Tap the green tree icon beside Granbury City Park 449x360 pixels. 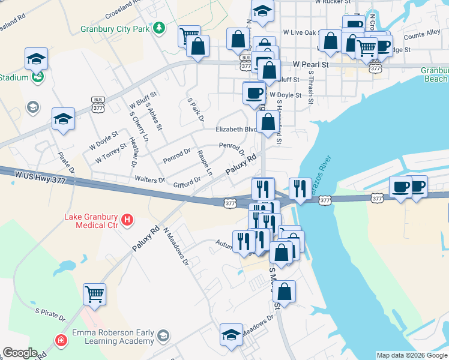(158, 28)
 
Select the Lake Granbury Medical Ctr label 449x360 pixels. (90, 220)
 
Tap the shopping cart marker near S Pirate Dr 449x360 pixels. (94, 294)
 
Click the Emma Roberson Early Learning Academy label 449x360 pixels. (113, 337)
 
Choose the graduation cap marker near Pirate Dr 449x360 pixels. (63, 118)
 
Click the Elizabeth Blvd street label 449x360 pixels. (237, 129)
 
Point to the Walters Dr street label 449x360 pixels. (150, 179)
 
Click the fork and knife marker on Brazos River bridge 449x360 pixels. (300, 188)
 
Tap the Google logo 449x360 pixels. (20, 353)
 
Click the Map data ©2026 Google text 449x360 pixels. (412, 355)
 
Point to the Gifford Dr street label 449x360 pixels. (187, 181)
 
